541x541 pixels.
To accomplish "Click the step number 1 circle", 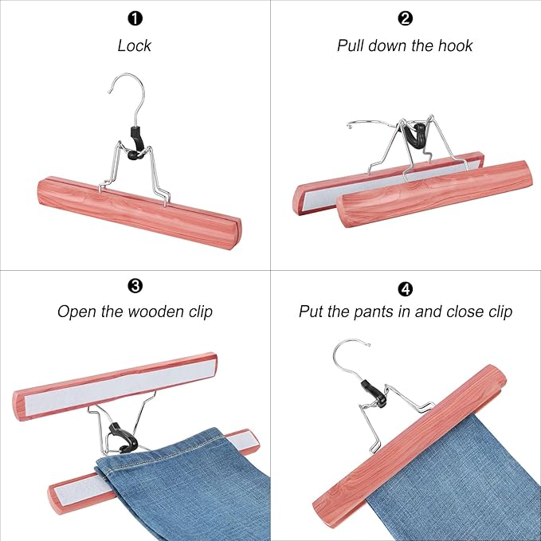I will point(135,18).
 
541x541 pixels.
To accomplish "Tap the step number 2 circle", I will point(405,18).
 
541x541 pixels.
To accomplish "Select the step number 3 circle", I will point(135,284).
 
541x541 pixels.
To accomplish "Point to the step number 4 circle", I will point(405,284).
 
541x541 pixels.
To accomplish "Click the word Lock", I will point(135,45).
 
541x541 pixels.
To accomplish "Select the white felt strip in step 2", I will point(390,180).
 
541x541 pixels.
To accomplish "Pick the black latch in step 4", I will point(373,391).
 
